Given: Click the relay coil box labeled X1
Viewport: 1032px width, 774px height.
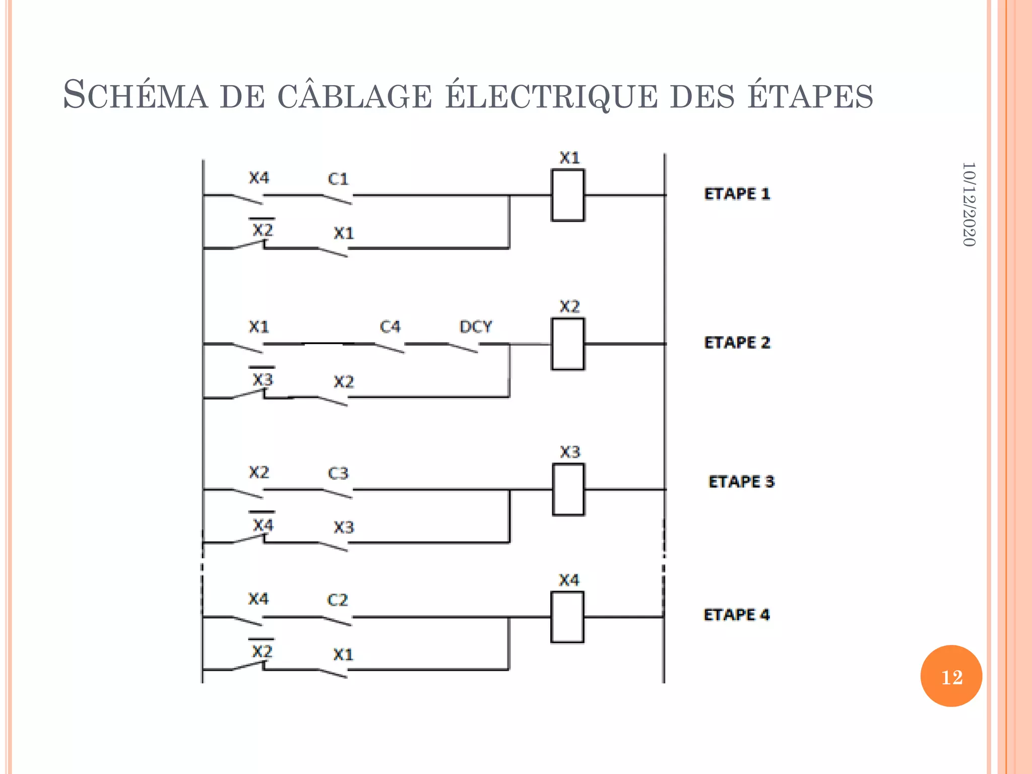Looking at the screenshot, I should [568, 195].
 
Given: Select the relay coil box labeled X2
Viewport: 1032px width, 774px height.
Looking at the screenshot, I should [568, 344].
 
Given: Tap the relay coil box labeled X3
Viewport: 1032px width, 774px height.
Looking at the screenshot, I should [568, 489].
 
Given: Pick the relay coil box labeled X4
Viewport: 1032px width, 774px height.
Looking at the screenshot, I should [567, 617].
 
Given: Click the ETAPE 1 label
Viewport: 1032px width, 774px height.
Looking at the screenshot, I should [737, 193].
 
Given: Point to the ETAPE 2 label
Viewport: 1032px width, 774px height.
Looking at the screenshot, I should [737, 343].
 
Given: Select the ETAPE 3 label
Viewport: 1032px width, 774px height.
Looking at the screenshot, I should [741, 482].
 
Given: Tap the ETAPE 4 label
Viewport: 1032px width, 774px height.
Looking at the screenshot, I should [737, 615].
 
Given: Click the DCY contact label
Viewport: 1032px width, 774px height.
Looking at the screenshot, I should [475, 327].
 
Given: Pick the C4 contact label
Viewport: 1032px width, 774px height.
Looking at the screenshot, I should [390, 327].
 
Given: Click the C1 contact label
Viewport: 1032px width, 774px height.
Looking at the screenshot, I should [338, 179].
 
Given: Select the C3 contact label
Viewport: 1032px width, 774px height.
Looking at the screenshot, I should [338, 473].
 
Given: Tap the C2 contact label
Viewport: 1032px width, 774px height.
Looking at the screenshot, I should [338, 600].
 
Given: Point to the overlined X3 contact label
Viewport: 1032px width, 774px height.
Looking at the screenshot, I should [263, 378].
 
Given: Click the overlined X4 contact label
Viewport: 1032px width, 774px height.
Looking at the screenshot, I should [263, 525].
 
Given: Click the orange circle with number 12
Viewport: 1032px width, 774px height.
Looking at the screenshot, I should [951, 676].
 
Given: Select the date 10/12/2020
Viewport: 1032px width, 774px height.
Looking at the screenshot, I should [969, 204].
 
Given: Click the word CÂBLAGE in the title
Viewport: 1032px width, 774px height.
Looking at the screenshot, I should [355, 96].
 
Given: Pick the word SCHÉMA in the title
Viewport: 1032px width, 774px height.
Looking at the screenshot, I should [135, 96].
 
